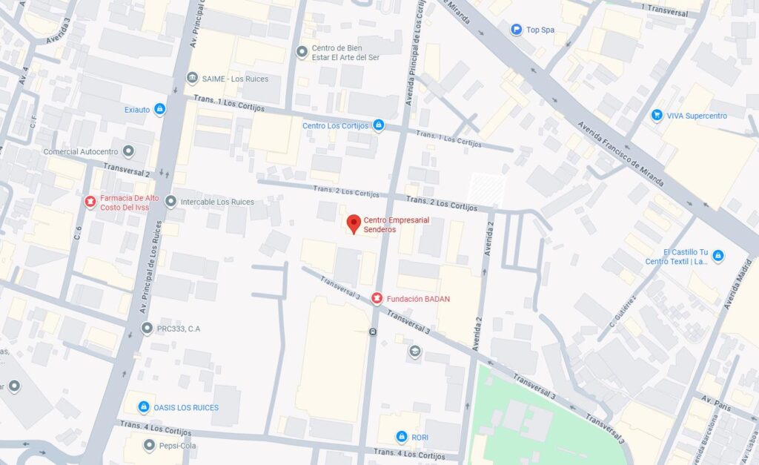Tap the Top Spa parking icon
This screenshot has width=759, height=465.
(x=516, y=30)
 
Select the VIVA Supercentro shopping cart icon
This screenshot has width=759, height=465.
(x=656, y=116)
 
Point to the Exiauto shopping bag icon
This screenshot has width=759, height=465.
(x=159, y=110)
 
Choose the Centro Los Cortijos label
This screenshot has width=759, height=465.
(x=335, y=125)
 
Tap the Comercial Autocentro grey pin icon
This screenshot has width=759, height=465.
(x=128, y=151)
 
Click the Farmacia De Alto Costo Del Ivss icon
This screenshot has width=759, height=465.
(x=90, y=201)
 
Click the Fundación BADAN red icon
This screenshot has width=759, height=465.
(x=377, y=299)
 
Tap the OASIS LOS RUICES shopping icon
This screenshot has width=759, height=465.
(x=144, y=406)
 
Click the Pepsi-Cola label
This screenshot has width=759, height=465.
(x=179, y=446)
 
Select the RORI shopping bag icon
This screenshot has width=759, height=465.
(x=402, y=437)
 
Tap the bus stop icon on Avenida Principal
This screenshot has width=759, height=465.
(x=373, y=332)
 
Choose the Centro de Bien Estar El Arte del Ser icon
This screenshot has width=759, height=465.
(x=301, y=52)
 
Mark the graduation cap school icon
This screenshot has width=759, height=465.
(x=415, y=351)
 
